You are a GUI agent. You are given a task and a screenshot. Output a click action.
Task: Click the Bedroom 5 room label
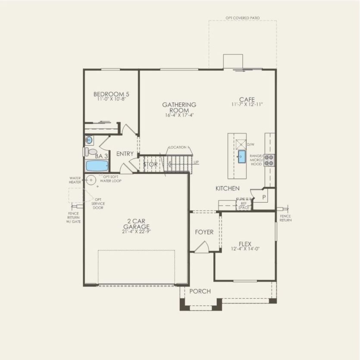111,94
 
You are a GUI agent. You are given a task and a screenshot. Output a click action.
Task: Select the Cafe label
247,99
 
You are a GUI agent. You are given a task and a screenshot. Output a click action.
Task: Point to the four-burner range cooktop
270,160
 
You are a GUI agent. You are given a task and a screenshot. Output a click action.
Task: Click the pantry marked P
264,197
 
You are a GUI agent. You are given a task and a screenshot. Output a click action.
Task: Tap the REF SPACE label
244,205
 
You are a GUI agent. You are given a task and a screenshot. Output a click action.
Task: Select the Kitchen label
228,188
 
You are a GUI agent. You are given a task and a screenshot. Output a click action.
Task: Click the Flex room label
245,243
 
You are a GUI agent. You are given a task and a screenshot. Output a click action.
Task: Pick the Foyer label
204,232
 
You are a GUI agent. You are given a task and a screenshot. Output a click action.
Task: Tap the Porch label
200,291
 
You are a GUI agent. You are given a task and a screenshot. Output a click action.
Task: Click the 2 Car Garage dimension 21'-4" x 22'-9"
136,232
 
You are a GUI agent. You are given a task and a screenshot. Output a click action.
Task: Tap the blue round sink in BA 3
89,140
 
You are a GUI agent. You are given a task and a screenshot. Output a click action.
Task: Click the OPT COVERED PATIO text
243,18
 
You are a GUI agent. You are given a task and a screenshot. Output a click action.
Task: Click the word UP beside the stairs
197,162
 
